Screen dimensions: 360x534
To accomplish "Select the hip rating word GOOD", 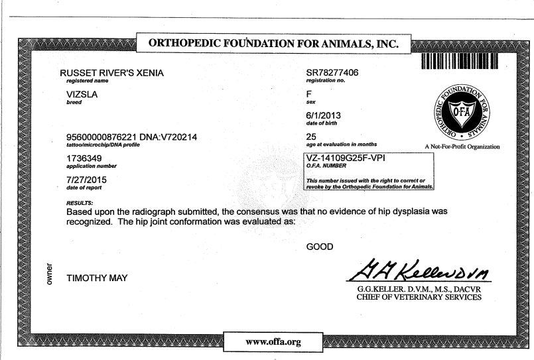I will (320, 247).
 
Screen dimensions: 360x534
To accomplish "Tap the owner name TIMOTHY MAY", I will (97, 278).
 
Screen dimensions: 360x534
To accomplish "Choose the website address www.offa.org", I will (273, 341).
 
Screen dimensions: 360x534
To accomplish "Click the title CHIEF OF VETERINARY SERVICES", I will (419, 298).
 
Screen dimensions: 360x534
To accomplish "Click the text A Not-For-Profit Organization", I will (462, 147).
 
